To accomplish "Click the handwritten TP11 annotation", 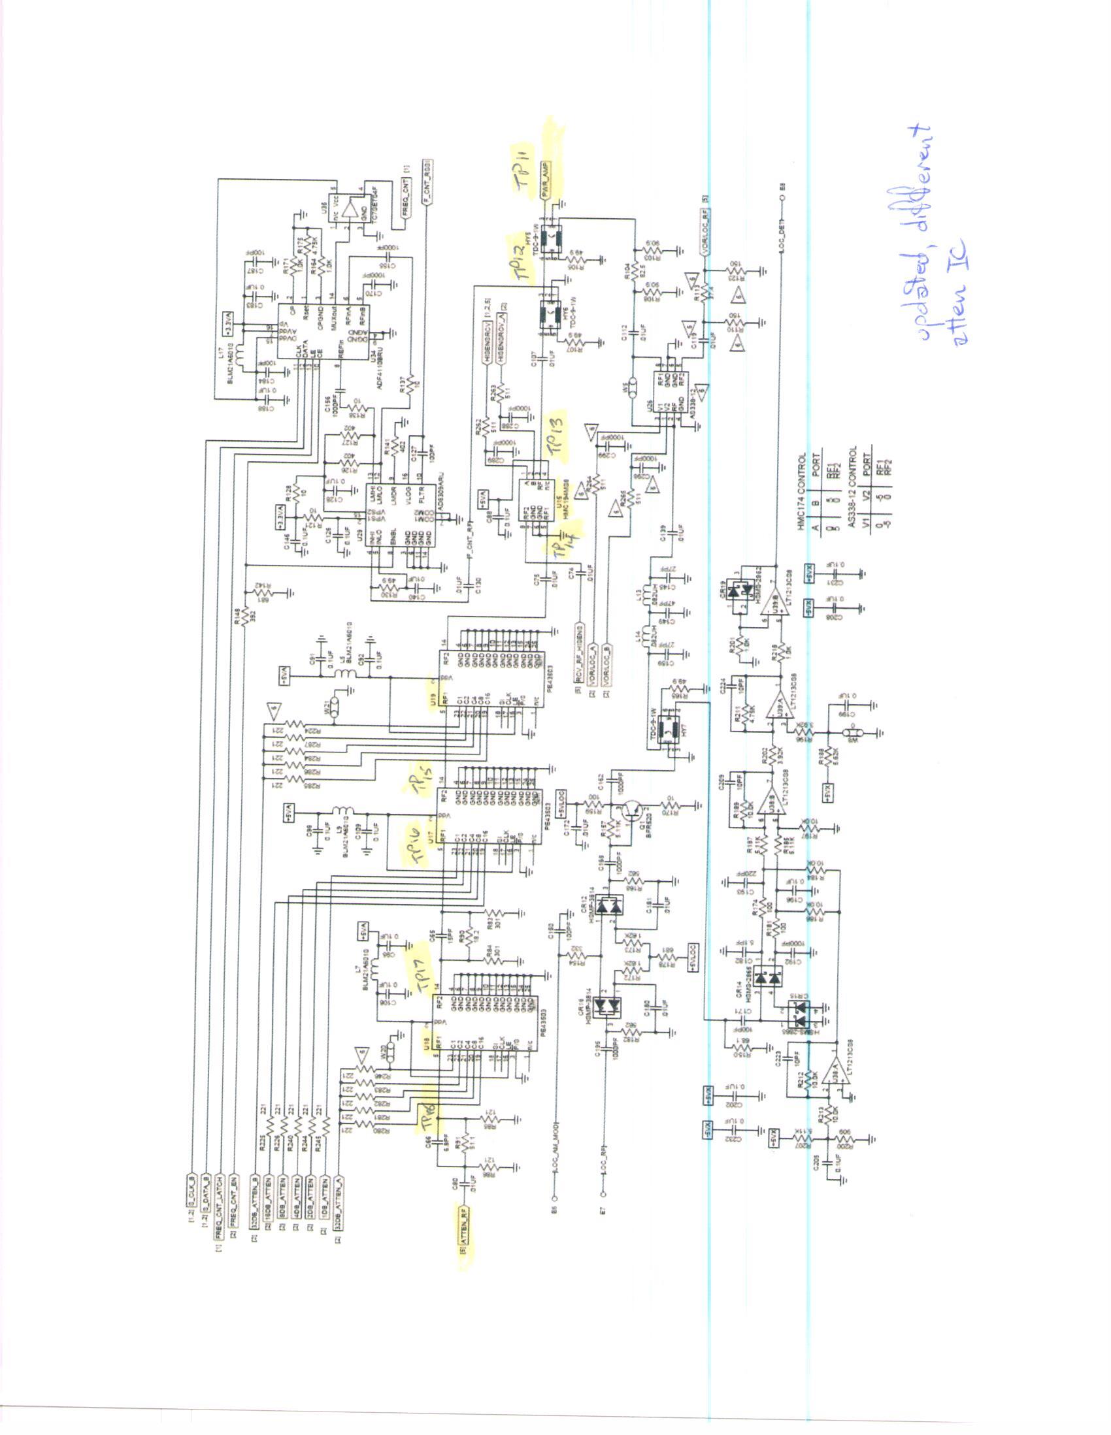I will (x=526, y=169).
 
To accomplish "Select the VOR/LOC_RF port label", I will (x=704, y=231).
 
